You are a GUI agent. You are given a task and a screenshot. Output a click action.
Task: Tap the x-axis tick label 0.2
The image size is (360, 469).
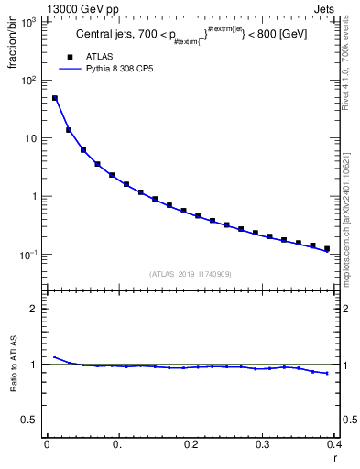[x=191, y=444]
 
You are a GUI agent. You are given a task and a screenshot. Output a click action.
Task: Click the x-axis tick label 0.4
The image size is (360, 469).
[x=333, y=444]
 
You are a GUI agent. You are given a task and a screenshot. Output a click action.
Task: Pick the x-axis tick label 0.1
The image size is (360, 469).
[x=119, y=444]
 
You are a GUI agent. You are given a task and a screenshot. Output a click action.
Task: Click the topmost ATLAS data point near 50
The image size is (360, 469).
[x=55, y=98]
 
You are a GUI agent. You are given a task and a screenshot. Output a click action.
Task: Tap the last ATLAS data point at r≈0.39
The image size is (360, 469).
[x=327, y=248]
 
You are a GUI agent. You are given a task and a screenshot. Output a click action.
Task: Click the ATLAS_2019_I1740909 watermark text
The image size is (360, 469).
[x=191, y=273]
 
